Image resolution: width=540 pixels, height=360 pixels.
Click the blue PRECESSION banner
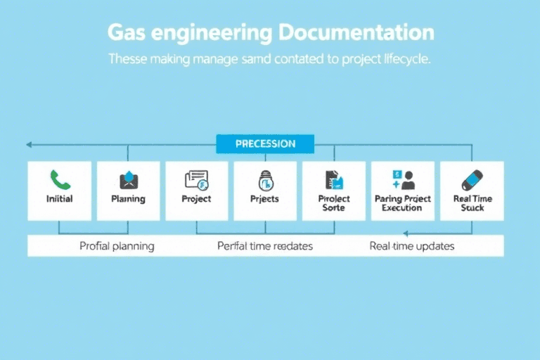point(265,143)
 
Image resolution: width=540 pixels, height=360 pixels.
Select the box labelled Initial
point(59,191)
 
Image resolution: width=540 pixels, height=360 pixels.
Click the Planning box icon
point(128,180)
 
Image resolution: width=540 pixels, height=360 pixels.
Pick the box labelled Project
point(196,191)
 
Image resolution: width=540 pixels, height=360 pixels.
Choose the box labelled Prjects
point(265,191)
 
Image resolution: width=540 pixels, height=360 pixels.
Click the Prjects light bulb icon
point(265,181)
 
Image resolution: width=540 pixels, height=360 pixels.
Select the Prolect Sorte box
point(333,191)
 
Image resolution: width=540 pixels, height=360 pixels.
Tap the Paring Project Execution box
point(402,191)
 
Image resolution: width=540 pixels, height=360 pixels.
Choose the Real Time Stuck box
point(471,191)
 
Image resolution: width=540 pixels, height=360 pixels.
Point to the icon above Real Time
point(472,179)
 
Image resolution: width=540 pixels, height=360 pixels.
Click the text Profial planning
point(117,246)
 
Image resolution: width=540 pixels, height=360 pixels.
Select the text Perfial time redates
point(265,246)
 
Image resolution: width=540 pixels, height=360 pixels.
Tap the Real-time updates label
point(412,246)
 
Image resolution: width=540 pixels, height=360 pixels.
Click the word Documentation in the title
point(356,32)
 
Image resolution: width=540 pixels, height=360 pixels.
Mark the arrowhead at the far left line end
point(29,145)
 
